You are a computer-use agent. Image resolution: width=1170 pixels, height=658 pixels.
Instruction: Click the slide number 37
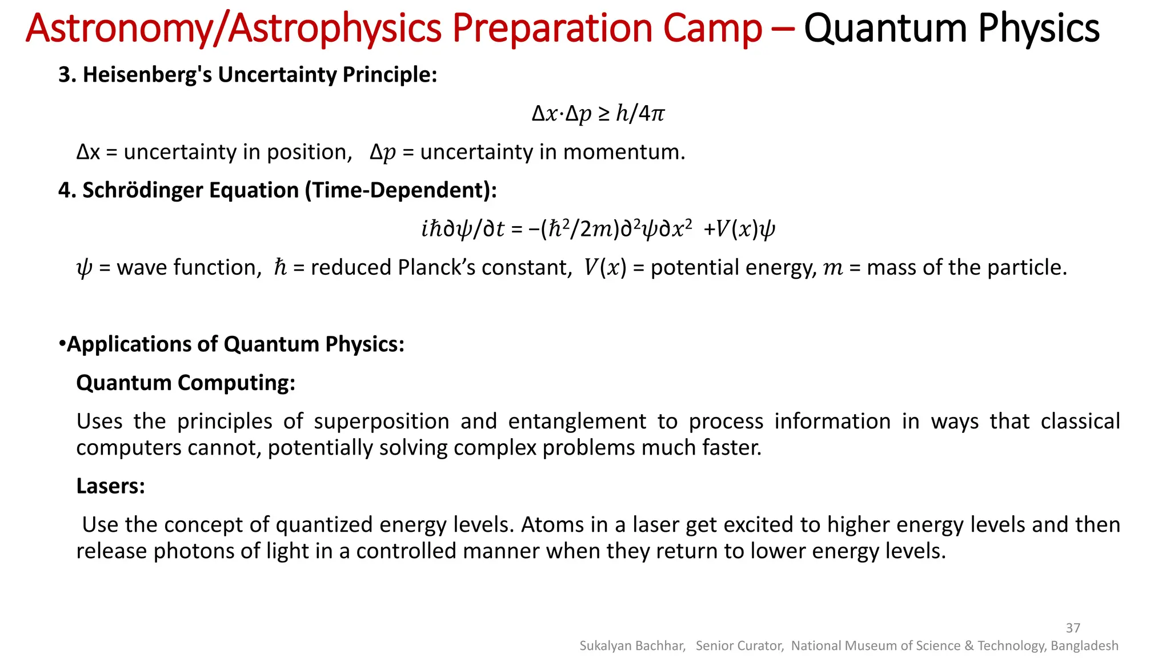1073,628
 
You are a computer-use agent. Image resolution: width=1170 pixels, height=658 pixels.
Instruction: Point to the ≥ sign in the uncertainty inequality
604,114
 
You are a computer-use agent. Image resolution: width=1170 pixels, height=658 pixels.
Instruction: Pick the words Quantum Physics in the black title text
951,28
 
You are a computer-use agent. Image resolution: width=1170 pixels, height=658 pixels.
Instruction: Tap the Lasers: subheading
111,486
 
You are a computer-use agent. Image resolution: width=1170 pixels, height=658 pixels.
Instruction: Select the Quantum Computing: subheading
186,383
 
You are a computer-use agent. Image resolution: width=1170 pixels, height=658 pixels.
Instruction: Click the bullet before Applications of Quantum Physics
62,344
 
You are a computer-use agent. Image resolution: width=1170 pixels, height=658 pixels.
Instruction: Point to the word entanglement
577,422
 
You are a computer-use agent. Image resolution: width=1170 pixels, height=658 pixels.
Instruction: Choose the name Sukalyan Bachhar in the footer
632,645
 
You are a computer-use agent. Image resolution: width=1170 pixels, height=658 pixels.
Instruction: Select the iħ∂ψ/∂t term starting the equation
463,229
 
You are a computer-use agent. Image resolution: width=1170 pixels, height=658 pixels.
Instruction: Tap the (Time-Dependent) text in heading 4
400,190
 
